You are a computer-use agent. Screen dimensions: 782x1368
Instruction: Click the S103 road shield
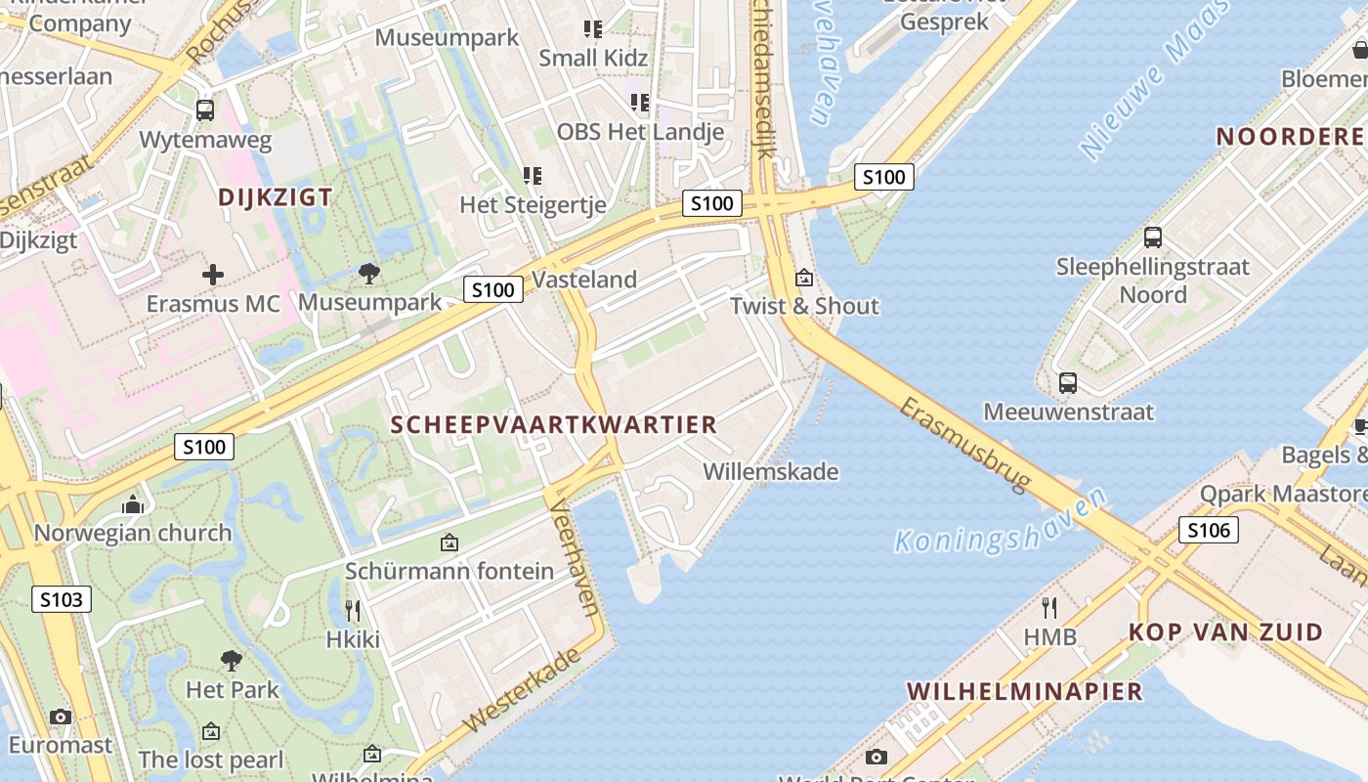point(61,599)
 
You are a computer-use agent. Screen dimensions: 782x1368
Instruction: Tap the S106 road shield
point(1208,530)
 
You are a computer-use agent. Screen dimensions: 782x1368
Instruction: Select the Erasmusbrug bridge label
point(965,444)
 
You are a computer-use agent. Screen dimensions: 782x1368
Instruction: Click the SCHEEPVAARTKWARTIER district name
point(554,424)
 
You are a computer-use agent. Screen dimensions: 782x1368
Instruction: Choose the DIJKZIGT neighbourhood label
point(275,196)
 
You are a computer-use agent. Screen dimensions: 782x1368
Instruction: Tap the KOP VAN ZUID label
point(1225,631)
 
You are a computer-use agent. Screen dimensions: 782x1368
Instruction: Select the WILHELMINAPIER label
point(1024,691)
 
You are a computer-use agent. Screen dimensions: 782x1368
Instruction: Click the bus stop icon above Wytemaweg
point(204,109)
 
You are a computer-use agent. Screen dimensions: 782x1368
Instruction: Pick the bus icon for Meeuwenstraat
point(1067,383)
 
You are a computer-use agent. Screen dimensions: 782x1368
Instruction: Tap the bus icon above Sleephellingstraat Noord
point(1152,237)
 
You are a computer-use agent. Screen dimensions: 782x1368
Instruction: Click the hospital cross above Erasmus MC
point(212,275)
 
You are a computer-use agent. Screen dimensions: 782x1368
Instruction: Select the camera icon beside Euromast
point(61,717)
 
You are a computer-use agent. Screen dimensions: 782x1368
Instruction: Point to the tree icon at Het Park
point(232,661)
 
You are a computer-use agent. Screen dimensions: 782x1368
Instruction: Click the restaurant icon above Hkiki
point(353,611)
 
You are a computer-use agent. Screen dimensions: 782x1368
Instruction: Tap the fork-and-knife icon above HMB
point(1049,608)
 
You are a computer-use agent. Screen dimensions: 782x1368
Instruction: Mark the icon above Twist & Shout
point(804,278)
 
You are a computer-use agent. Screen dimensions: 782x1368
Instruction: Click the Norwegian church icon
point(133,504)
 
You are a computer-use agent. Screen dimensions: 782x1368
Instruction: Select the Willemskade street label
point(771,471)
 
